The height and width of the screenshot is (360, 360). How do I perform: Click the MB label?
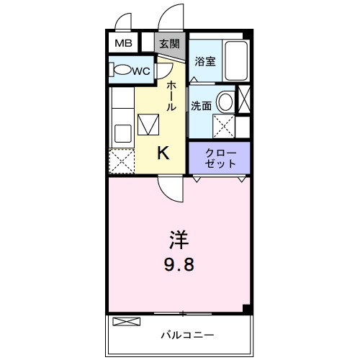120,42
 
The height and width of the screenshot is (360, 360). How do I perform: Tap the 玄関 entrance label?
169,43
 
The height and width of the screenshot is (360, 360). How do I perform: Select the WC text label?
142,70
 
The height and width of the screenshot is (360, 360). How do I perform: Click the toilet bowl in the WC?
123,71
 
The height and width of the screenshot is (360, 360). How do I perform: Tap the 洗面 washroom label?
201,104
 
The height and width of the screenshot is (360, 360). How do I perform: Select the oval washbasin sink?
226,102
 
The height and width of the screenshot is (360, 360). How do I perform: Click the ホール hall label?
171,94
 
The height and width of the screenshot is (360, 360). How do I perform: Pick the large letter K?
163,152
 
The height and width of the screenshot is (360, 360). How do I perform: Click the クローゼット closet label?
220,158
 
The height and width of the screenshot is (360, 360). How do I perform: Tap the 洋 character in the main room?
179,238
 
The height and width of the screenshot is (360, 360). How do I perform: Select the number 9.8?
179,264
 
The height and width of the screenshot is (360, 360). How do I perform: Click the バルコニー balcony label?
187,335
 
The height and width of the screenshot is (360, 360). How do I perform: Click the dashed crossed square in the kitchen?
121,161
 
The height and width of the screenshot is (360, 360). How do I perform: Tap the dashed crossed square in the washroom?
224,126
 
